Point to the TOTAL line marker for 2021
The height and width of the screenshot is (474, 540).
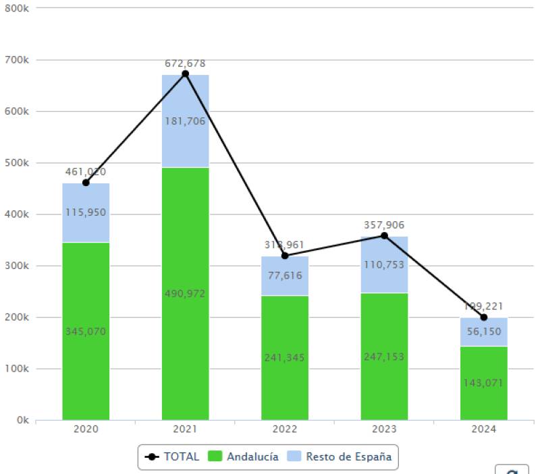coord(186,73)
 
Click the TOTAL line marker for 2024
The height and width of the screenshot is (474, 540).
coord(484,317)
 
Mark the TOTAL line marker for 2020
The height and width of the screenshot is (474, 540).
coord(86,183)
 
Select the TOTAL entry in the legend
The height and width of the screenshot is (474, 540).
coord(173,456)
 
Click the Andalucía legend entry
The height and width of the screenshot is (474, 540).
coord(245,456)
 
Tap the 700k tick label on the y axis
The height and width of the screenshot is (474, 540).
coord(17,60)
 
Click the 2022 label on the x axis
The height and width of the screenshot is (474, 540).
coord(285,430)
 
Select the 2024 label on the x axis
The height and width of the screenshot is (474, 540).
coord(484,430)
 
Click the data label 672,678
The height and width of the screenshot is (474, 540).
coord(186,63)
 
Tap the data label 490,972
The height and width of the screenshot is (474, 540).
coord(186,293)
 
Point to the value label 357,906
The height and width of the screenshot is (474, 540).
coord(384,225)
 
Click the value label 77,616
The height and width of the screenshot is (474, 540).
coord(285,275)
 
